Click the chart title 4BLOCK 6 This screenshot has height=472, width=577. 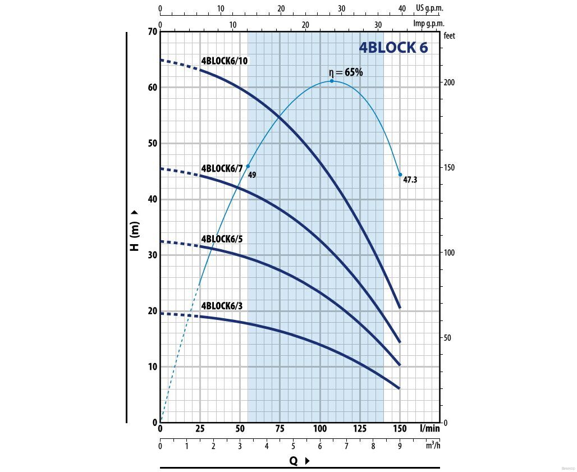(393, 48)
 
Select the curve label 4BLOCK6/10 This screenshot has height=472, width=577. (225, 61)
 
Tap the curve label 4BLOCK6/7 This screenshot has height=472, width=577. (222, 168)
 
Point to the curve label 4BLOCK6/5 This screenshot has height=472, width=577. (222, 239)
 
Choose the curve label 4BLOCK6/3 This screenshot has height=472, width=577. (222, 306)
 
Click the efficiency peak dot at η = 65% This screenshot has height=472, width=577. (332, 81)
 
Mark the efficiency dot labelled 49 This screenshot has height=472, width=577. (248, 166)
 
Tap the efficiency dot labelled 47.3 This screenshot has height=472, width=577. (400, 175)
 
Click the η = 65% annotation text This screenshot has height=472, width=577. (346, 72)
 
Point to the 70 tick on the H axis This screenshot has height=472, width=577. (152, 31)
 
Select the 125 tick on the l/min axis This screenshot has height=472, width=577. (360, 429)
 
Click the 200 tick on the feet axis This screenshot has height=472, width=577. (450, 83)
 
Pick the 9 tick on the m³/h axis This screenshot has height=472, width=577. (400, 446)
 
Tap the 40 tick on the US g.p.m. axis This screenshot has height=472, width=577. (401, 8)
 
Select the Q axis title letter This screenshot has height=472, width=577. (293, 461)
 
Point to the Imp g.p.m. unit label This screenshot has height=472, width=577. (429, 24)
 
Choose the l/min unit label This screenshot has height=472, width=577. (430, 429)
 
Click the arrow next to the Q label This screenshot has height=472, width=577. (307, 461)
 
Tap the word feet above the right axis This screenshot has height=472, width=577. (449, 35)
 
